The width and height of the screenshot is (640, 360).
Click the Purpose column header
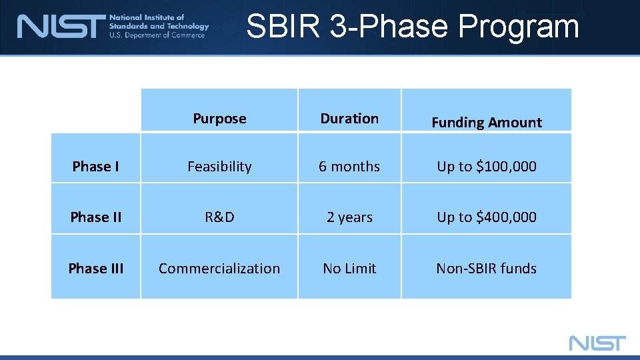point(219,119)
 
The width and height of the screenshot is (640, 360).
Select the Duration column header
point(349,119)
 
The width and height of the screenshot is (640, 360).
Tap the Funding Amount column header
point(487,123)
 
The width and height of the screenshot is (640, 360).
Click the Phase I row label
point(96,167)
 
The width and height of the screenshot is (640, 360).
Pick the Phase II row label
point(96,217)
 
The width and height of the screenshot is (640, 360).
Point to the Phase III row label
point(96,269)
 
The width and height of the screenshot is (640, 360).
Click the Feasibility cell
point(219,167)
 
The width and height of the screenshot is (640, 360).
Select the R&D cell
point(219,217)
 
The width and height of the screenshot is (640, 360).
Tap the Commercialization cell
point(219,269)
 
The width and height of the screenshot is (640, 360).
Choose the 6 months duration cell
point(349,167)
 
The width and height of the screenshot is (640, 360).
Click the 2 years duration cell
point(349,217)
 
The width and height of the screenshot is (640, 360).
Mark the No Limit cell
point(349,269)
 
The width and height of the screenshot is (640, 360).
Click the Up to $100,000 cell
point(487,167)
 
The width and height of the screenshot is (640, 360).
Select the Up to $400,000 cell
point(487,217)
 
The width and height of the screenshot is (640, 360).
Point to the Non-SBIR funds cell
point(487,269)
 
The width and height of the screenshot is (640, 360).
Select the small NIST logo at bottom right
point(597,343)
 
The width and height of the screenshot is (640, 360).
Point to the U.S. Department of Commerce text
point(157,35)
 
